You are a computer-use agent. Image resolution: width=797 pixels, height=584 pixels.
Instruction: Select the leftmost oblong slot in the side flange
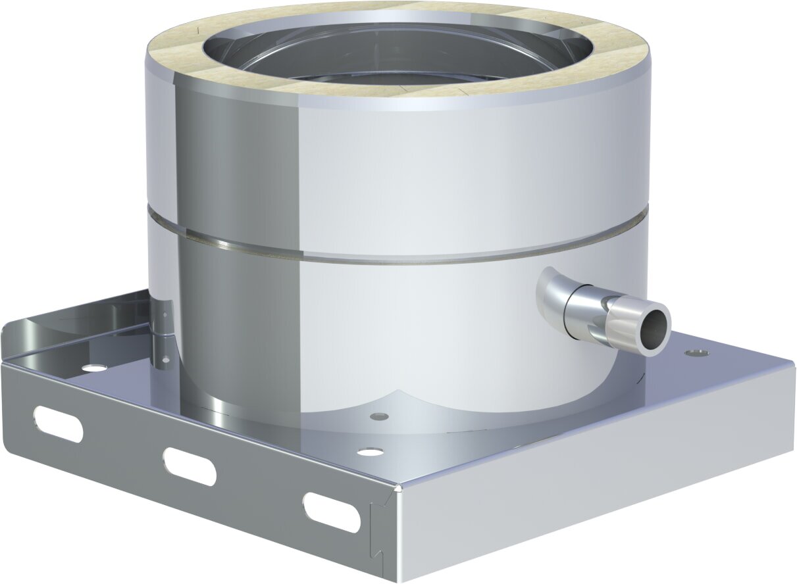click(x=58, y=424)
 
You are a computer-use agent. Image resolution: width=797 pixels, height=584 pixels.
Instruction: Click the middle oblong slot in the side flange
click(x=189, y=466)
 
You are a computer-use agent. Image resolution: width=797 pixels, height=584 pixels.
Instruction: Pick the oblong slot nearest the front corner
click(x=331, y=512)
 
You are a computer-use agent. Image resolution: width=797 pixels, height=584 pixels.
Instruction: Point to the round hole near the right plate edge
click(x=696, y=353)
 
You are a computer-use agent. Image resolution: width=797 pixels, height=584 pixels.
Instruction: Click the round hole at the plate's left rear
click(x=94, y=368)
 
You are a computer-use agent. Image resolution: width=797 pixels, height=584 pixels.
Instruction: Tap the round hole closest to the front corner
click(x=370, y=452)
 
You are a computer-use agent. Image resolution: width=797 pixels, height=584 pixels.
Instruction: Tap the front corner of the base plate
click(x=398, y=487)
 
